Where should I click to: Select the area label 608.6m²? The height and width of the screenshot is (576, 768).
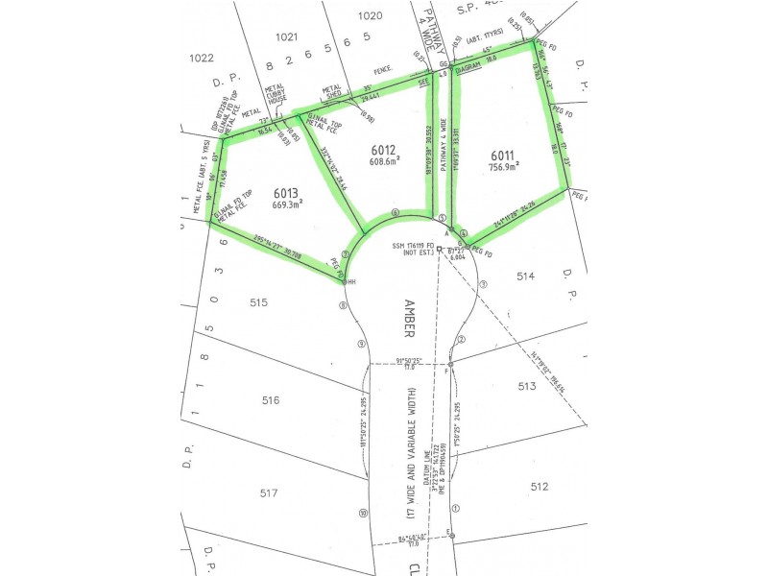coord(382,162)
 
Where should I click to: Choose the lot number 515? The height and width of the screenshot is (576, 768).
coord(258,302)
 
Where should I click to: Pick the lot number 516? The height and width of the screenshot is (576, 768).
coord(270,399)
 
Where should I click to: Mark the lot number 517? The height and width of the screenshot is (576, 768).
coord(270,493)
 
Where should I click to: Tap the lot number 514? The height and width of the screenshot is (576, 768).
coord(524,276)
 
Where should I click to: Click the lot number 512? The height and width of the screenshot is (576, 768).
coord(540,487)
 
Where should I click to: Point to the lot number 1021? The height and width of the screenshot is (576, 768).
coord(286,36)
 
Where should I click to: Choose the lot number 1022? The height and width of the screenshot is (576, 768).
coord(201,58)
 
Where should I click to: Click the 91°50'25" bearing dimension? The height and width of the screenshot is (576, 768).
coord(409,360)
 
